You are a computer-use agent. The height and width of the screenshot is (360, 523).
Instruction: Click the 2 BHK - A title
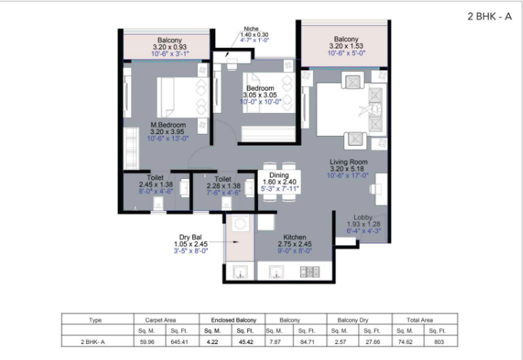coord(489,16)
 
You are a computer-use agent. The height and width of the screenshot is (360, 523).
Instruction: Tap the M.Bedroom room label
coord(168,125)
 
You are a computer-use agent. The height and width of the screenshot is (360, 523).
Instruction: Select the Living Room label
coord(348,162)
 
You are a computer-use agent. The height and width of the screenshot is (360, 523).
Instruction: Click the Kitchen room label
coord(295,237)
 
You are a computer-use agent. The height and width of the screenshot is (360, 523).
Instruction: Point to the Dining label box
coord(279,182)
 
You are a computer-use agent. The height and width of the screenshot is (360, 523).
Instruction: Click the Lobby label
coord(363,217)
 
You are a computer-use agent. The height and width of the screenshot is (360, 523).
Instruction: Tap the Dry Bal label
coord(191,237)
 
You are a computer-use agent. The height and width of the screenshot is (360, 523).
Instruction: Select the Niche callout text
coord(251,29)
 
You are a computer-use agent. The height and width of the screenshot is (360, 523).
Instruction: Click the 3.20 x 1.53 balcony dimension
coord(346,46)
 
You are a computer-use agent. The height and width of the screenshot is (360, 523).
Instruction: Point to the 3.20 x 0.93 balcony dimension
coord(170,47)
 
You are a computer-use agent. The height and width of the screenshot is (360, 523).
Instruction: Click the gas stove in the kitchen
coord(310,272)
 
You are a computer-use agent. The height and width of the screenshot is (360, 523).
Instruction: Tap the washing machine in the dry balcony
coord(240,223)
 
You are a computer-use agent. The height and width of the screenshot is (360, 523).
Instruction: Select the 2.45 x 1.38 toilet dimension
coord(156,185)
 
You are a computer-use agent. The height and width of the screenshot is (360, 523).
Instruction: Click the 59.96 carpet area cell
coord(147,342)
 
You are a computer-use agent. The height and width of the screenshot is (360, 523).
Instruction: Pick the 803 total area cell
coord(439,342)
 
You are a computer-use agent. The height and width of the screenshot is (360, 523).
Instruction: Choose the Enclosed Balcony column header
coord(233,320)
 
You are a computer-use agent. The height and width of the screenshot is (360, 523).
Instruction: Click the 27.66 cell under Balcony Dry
coord(372,342)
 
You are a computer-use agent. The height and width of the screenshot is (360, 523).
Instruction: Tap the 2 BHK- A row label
coord(93,342)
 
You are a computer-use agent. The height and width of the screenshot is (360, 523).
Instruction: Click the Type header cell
coord(95,320)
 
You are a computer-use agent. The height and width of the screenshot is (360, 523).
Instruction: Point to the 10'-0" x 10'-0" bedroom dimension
coord(261,101)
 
